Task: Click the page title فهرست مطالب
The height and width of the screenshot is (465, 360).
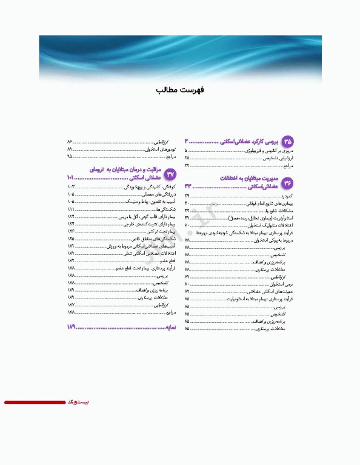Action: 179,90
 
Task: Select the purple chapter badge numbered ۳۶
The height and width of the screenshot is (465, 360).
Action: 288,182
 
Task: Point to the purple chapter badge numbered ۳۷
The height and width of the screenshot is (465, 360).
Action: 170,174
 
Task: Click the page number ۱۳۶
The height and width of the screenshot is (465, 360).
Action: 71,231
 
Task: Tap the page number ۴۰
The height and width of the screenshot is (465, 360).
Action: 187,203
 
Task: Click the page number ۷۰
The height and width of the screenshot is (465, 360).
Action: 187,225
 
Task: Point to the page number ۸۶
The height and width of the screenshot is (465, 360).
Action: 70,140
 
